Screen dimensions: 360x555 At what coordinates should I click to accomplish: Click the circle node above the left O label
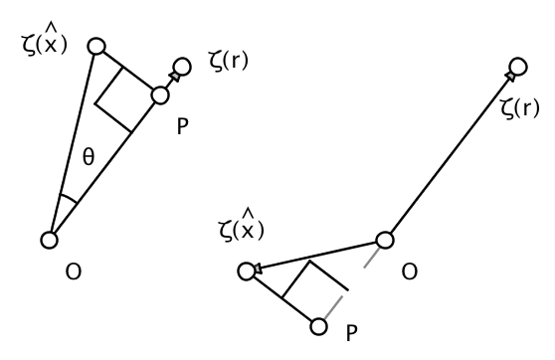(50, 239)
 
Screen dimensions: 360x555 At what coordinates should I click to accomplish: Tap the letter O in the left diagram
(74, 271)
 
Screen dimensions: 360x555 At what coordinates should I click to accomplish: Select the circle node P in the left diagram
(162, 95)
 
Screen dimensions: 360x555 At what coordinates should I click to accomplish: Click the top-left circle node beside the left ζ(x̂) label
(95, 46)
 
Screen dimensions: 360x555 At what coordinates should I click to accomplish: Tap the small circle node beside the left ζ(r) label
(181, 69)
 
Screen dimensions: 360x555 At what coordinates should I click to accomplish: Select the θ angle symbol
(88, 155)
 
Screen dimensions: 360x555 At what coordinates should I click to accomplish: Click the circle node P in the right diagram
(319, 325)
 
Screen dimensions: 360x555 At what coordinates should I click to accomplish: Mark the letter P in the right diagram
(350, 333)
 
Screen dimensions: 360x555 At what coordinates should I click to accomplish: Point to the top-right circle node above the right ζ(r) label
(517, 68)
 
